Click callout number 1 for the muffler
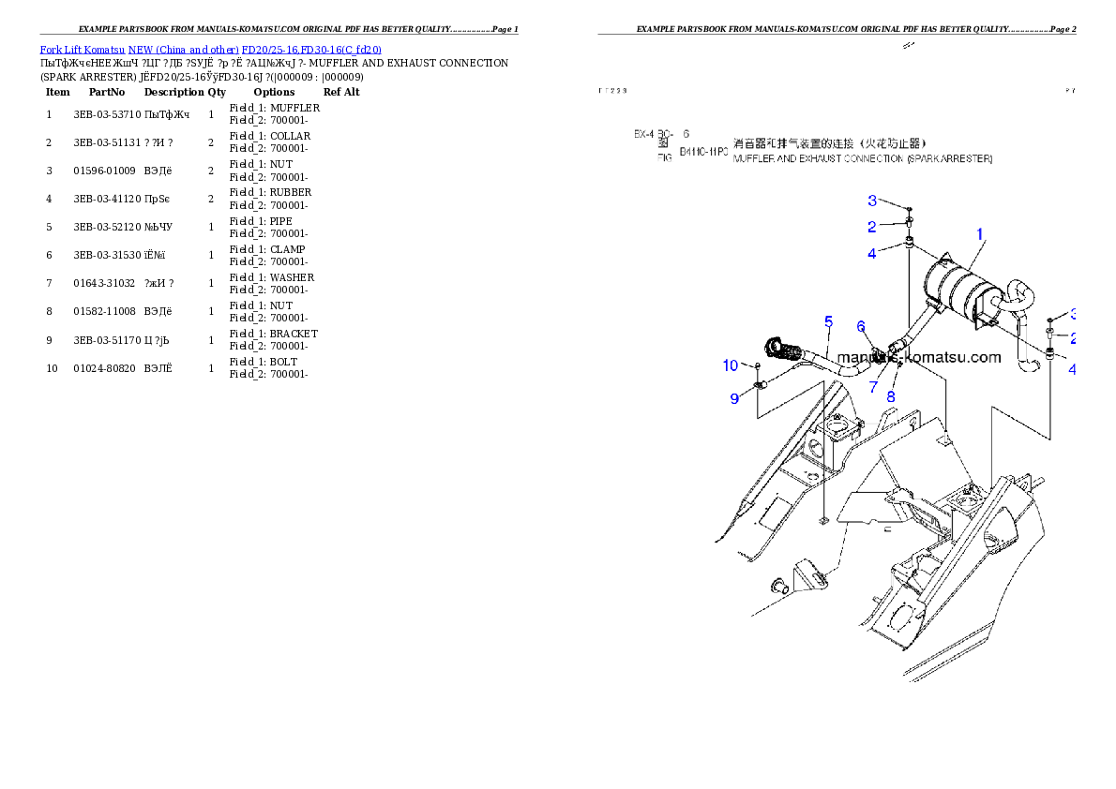(980, 233)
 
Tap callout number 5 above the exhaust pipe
(828, 322)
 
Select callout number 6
(861, 326)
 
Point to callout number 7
(873, 385)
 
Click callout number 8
(891, 395)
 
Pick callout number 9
(734, 398)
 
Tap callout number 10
(731, 365)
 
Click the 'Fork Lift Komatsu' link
(83, 49)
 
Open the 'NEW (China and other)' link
(183, 49)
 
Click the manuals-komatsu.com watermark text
(918, 357)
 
